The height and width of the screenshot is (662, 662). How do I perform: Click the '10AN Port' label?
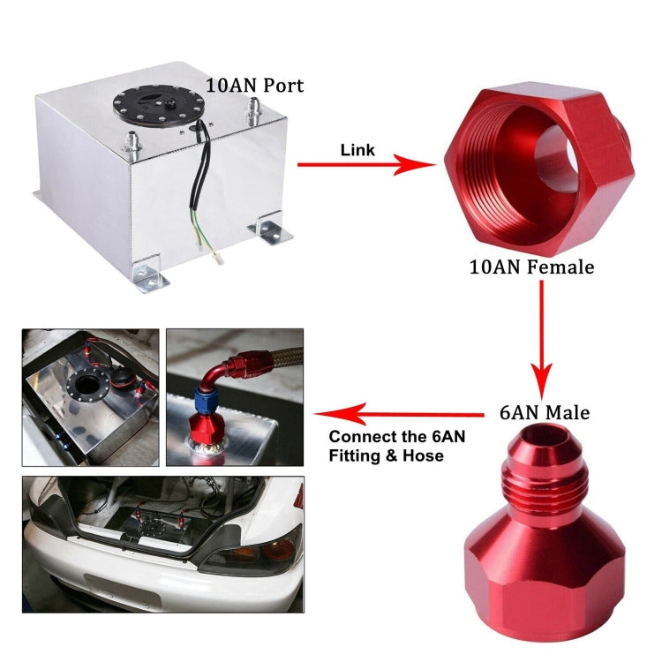(254, 86)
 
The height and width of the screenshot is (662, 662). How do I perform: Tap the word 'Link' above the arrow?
(357, 150)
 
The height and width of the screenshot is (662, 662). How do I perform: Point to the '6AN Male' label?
(544, 412)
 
